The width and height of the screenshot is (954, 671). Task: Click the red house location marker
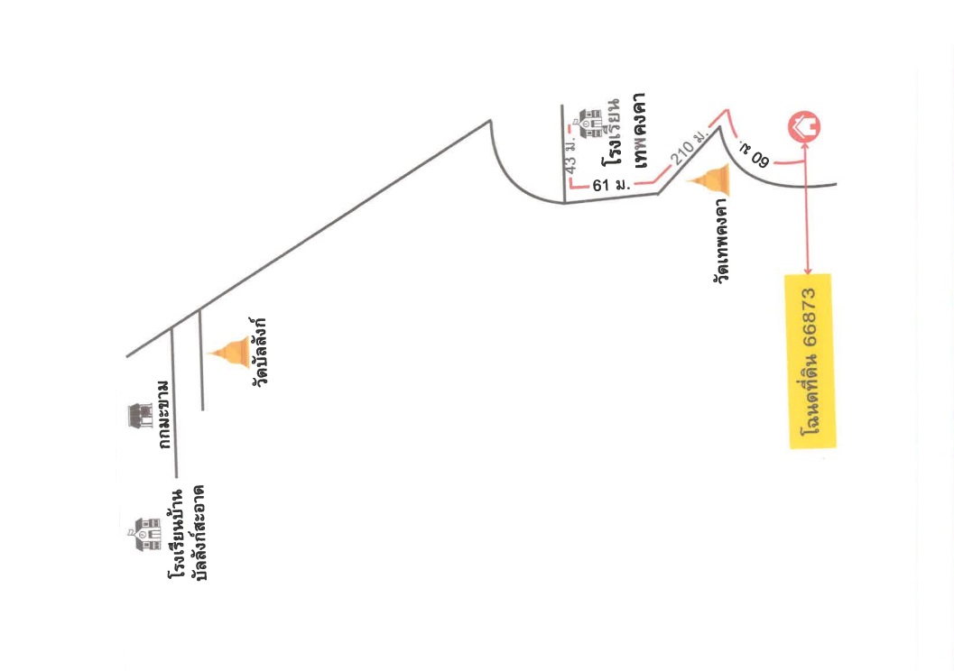point(804,127)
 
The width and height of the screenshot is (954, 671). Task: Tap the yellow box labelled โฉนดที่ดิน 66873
point(810,362)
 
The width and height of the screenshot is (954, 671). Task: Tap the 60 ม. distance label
point(755,154)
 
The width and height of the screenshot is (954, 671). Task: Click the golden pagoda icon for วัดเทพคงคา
point(709,179)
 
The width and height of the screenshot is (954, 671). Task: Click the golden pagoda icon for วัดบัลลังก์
point(229,353)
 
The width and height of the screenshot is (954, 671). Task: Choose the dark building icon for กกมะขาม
point(141,416)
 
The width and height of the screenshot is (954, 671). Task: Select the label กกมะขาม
point(163,416)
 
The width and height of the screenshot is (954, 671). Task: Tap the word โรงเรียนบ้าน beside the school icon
point(176,534)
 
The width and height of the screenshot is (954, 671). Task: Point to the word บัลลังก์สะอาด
point(199,532)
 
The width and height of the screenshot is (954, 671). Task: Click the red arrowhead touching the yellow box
point(808,271)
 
